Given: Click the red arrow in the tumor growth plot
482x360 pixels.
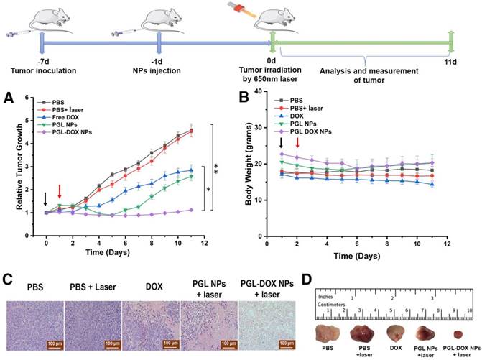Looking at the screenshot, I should click(x=60, y=192).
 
